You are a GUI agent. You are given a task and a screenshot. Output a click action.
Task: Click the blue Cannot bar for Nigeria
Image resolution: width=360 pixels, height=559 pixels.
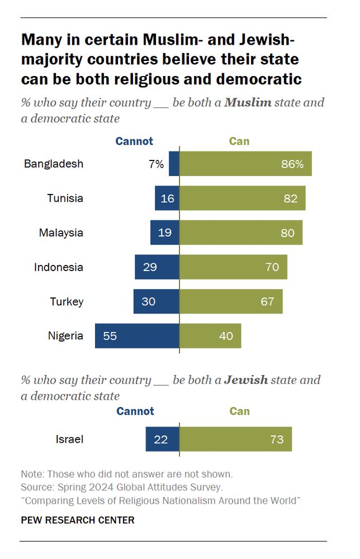pos(137,336)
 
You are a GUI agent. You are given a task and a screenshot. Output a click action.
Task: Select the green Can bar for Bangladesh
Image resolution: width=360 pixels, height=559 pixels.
pos(245,164)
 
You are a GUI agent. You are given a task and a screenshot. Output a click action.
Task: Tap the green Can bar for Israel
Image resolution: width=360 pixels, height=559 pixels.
pos(235,439)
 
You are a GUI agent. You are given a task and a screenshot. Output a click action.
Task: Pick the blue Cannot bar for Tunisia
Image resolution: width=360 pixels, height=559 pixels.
pos(167,198)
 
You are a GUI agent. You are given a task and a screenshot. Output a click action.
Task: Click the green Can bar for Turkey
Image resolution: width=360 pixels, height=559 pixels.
pos(231,301)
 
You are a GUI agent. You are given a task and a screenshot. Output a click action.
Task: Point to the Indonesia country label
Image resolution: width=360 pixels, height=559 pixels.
pos(59,267)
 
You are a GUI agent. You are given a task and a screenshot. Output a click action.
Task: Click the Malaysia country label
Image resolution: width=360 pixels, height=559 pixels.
pos(61,233)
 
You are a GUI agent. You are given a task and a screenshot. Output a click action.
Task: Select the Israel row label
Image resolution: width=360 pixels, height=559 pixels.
pos(69,439)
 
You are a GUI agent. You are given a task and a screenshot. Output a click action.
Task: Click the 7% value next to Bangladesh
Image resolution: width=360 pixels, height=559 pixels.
pos(156,164)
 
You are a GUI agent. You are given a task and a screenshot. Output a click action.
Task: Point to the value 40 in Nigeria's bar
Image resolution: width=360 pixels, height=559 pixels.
pos(226,337)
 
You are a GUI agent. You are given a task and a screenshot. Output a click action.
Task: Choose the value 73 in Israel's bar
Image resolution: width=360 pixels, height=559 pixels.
pos(277,440)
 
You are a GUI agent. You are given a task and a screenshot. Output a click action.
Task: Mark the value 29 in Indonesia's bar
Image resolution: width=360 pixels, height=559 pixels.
pos(150,267)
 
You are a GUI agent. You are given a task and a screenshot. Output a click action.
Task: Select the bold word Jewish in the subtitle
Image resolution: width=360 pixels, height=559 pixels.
pos(246,380)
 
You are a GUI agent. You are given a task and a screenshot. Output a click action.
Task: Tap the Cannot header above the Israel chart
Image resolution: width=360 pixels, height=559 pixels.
pos(135,411)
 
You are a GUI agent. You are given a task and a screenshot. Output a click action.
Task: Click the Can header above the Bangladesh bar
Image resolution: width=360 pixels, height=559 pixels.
pos(239,141)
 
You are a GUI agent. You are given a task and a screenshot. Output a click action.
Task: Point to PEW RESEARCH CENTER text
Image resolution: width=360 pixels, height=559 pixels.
pos(78,520)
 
